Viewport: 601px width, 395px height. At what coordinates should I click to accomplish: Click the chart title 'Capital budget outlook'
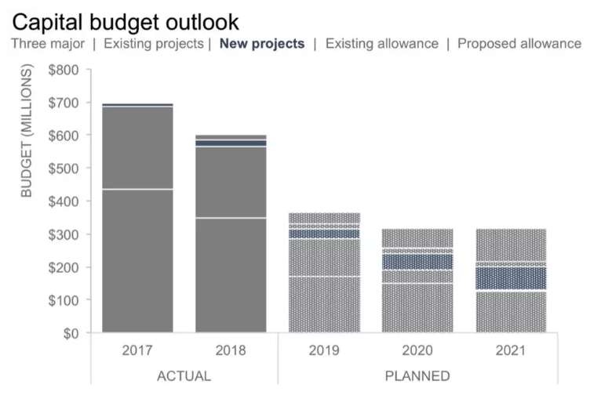(126, 21)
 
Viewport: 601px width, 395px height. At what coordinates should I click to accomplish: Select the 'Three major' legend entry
(48, 44)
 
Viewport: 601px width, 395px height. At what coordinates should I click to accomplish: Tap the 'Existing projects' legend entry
(153, 44)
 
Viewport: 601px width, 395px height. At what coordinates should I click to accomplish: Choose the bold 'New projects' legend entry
(262, 44)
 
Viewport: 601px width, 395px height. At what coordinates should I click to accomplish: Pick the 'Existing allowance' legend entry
(381, 44)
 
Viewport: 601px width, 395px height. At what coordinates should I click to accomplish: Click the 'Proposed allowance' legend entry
(519, 44)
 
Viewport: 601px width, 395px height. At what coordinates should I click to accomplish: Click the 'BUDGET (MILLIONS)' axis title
(27, 131)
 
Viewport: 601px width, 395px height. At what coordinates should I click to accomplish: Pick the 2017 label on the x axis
(137, 350)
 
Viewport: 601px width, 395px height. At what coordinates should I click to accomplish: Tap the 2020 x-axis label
(417, 350)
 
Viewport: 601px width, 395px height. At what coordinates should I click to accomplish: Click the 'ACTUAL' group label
(184, 376)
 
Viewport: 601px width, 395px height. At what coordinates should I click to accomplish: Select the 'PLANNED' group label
(417, 376)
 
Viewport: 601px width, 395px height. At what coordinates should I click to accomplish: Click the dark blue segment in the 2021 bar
(511, 278)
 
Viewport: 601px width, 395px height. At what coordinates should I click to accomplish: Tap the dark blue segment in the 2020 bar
(417, 262)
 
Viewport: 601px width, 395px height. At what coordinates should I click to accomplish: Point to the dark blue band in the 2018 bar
(231, 143)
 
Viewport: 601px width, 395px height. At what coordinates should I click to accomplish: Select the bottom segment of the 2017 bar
(137, 261)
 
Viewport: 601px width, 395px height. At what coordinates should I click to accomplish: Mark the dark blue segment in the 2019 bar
(324, 234)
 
